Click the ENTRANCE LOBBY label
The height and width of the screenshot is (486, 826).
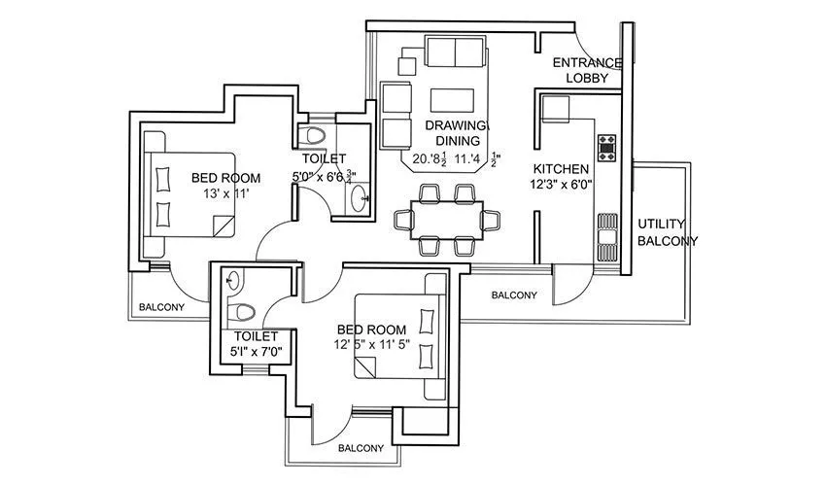(x=580, y=70)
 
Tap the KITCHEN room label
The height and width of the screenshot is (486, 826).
(x=561, y=167)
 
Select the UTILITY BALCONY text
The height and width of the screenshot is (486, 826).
(x=667, y=233)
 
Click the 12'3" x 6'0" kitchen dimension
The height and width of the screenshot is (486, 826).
(x=561, y=184)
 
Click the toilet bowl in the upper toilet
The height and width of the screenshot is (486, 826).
(x=315, y=135)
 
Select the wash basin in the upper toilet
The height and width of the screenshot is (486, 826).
(x=361, y=196)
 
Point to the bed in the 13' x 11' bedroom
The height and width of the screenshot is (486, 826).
(x=189, y=194)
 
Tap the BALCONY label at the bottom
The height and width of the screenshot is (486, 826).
(x=361, y=448)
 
